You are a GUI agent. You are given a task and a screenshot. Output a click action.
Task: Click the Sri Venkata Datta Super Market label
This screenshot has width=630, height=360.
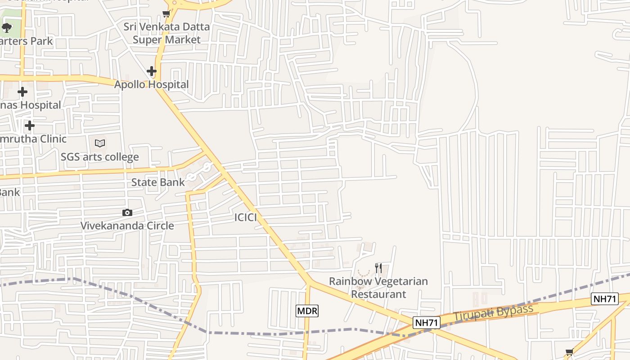(166, 33)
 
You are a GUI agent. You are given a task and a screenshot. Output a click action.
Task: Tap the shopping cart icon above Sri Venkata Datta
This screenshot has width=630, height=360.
(166, 14)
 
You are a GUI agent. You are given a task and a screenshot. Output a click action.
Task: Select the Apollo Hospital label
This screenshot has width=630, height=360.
(151, 85)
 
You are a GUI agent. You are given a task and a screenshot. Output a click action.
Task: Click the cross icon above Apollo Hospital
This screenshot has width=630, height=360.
(152, 71)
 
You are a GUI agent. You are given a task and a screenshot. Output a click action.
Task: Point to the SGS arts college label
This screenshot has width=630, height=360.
(100, 157)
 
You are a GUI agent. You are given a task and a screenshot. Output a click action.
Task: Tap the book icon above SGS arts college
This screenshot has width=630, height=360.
(100, 144)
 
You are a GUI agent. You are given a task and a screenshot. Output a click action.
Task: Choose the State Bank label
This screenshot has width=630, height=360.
(158, 182)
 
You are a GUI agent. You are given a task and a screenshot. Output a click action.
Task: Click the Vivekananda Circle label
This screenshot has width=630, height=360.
(127, 225)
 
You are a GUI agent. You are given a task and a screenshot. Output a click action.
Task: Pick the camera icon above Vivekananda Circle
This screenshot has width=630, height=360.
(127, 212)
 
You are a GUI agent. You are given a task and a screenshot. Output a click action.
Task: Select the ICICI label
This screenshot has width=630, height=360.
(246, 218)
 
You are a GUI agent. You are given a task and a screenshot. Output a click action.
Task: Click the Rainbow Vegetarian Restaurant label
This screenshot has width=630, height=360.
(378, 288)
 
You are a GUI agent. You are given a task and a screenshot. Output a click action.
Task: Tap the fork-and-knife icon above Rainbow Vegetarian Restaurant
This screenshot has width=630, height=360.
(378, 268)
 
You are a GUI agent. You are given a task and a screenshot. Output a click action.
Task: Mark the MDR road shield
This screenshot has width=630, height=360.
(307, 310)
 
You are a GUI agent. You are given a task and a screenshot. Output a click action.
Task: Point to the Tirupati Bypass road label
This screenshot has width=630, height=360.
(493, 313)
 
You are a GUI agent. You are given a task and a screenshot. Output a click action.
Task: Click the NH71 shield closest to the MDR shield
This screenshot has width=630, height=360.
(426, 322)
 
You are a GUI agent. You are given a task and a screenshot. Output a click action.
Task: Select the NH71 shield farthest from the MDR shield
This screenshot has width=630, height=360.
(605, 299)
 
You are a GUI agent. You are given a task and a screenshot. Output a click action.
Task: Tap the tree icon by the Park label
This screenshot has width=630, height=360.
(6, 28)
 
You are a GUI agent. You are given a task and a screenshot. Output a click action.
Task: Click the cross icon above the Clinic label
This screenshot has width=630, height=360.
(30, 125)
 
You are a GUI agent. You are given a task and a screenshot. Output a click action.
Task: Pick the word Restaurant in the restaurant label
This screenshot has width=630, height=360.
(378, 294)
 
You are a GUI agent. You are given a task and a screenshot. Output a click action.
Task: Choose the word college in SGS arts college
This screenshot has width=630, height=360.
(120, 157)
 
